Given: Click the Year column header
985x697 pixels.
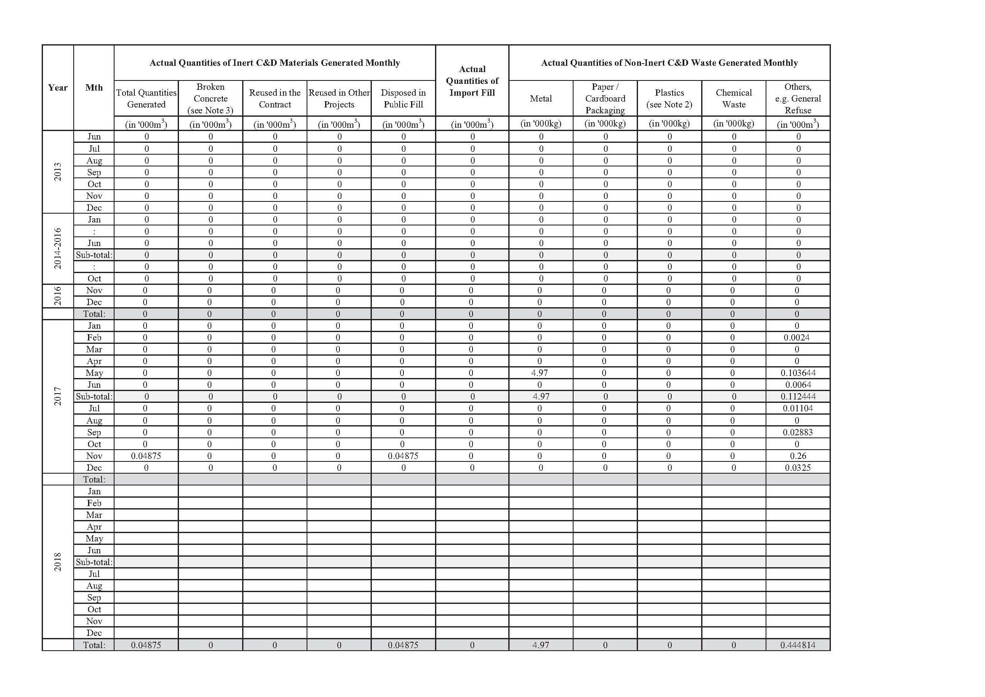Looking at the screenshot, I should point(58,88).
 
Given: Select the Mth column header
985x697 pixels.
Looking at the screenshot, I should point(93,88).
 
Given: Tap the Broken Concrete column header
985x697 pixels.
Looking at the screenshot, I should point(210,98).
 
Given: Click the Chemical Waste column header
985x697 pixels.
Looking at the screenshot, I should point(734,98).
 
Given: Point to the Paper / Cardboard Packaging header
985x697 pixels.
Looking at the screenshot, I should point(605,98).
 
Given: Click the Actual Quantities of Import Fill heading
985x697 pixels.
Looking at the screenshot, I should point(472,80).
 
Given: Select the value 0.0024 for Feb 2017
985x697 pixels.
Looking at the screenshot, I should point(797,338).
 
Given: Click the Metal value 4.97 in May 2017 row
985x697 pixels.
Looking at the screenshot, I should point(539,373).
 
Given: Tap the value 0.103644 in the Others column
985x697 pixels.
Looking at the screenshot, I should point(798,373).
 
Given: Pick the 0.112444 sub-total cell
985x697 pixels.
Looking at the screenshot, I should point(798,397).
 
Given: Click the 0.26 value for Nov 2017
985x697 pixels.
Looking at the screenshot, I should point(798,456).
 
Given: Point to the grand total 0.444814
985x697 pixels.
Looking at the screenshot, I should point(798,645).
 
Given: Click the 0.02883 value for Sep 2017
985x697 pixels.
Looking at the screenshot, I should point(798,432).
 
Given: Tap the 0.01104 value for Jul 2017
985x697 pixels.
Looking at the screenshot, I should point(798,408).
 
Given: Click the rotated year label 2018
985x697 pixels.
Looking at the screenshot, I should point(58,562).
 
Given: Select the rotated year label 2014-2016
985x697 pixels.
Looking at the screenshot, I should point(58,249).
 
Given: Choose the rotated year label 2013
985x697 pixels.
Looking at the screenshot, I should point(58,172).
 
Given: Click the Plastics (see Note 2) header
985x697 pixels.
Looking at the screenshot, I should point(669,98).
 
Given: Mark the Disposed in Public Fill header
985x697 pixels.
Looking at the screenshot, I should point(403,98).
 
